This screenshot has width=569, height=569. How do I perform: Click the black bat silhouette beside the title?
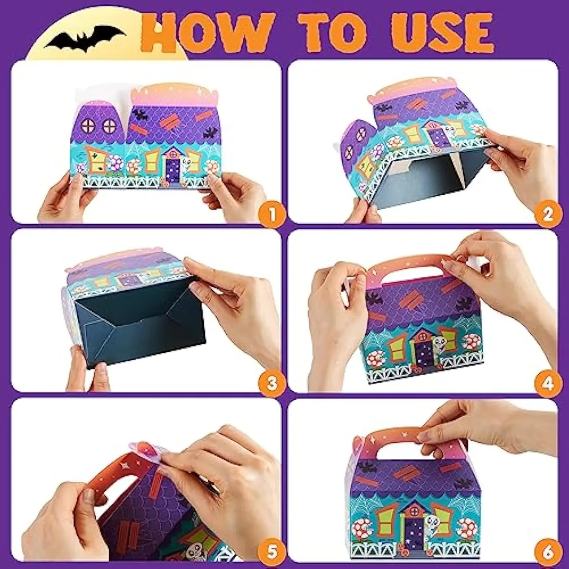click(86, 38)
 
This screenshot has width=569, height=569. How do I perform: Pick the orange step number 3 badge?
click(272, 383)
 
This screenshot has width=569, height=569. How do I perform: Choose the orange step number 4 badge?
click(548, 383)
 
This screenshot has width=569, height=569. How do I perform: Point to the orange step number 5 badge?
click(272, 551)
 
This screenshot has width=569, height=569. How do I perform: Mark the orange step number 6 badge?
click(548, 551)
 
